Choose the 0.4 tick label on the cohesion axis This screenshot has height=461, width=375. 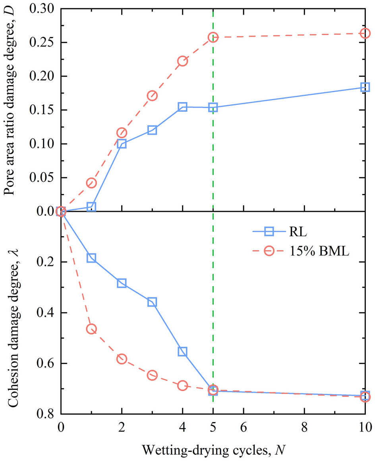(x=47, y=313)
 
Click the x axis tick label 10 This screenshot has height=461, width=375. (x=365, y=429)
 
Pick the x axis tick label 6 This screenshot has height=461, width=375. (x=243, y=429)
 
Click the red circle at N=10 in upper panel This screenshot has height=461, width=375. (x=365, y=34)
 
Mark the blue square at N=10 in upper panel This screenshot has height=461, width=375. (x=365, y=87)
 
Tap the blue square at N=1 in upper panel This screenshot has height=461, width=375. (x=91, y=207)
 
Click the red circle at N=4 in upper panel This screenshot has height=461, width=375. (x=183, y=61)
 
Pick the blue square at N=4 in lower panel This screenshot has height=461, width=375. (x=183, y=351)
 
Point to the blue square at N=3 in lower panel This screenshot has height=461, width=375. (x=152, y=302)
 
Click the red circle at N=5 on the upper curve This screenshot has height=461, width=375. (x=213, y=37)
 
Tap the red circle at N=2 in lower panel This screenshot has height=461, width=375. (x=122, y=359)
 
